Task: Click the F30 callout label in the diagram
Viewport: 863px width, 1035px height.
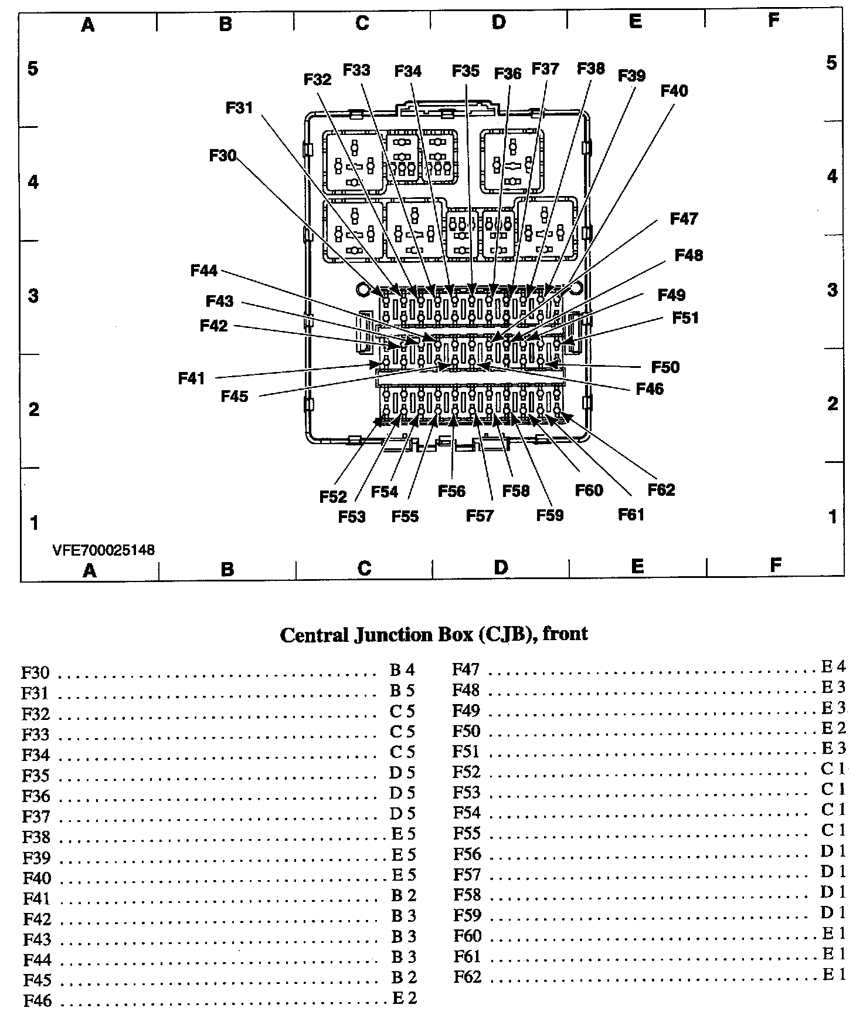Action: tap(222, 155)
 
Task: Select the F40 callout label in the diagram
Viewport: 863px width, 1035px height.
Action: tap(674, 91)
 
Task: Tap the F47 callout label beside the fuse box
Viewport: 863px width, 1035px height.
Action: tap(684, 219)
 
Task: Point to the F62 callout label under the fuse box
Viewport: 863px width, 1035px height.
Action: tap(661, 489)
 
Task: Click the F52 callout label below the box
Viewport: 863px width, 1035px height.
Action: tap(333, 497)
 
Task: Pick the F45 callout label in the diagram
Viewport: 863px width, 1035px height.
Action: tap(235, 397)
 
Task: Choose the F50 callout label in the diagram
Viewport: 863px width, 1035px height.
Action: tap(665, 367)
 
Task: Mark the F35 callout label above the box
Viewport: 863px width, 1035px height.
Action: tap(466, 71)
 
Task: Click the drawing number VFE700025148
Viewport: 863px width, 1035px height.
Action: tap(104, 550)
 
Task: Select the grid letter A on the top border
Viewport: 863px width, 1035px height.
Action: tap(87, 25)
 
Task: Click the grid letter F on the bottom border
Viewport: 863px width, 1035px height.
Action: tap(775, 565)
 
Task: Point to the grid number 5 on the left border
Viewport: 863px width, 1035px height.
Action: tap(33, 69)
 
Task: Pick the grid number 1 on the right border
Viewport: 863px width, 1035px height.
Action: tap(833, 517)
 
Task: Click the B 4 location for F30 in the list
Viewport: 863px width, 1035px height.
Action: tap(402, 670)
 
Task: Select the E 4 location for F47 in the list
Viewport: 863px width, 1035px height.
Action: tap(833, 667)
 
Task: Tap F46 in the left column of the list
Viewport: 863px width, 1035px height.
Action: tap(37, 1000)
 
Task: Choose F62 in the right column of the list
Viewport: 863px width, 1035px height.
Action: tap(467, 977)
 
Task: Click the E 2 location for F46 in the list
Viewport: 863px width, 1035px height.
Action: tap(404, 997)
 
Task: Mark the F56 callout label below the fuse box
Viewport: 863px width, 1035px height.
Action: tap(451, 491)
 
